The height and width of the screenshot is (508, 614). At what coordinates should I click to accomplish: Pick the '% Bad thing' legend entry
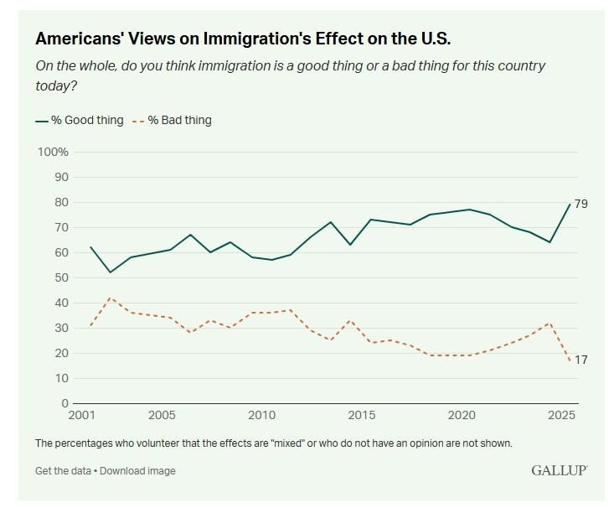[175, 120]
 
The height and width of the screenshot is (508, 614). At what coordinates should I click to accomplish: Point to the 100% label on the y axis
[53, 152]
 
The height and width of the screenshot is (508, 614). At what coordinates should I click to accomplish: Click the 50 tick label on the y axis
[61, 277]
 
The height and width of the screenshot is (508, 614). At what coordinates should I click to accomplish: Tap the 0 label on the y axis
[64, 403]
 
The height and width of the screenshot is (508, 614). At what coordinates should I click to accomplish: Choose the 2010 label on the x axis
[262, 416]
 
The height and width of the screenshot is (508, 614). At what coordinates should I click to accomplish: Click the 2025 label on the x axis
[564, 416]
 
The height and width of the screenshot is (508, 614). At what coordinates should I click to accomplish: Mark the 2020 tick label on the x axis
[462, 416]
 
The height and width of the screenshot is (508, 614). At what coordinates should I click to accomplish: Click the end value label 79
[581, 205]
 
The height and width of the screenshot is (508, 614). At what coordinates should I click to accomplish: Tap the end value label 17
[581, 360]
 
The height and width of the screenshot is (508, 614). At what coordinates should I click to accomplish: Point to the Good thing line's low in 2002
[110, 272]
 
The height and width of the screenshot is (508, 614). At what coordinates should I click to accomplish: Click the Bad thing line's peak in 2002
[110, 298]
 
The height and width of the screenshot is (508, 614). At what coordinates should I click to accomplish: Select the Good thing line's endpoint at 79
[570, 205]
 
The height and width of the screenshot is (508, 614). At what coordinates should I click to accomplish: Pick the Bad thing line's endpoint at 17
[570, 360]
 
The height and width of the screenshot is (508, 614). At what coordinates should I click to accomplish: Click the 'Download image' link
[138, 471]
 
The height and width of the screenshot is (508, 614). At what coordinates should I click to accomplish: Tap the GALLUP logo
[559, 470]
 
